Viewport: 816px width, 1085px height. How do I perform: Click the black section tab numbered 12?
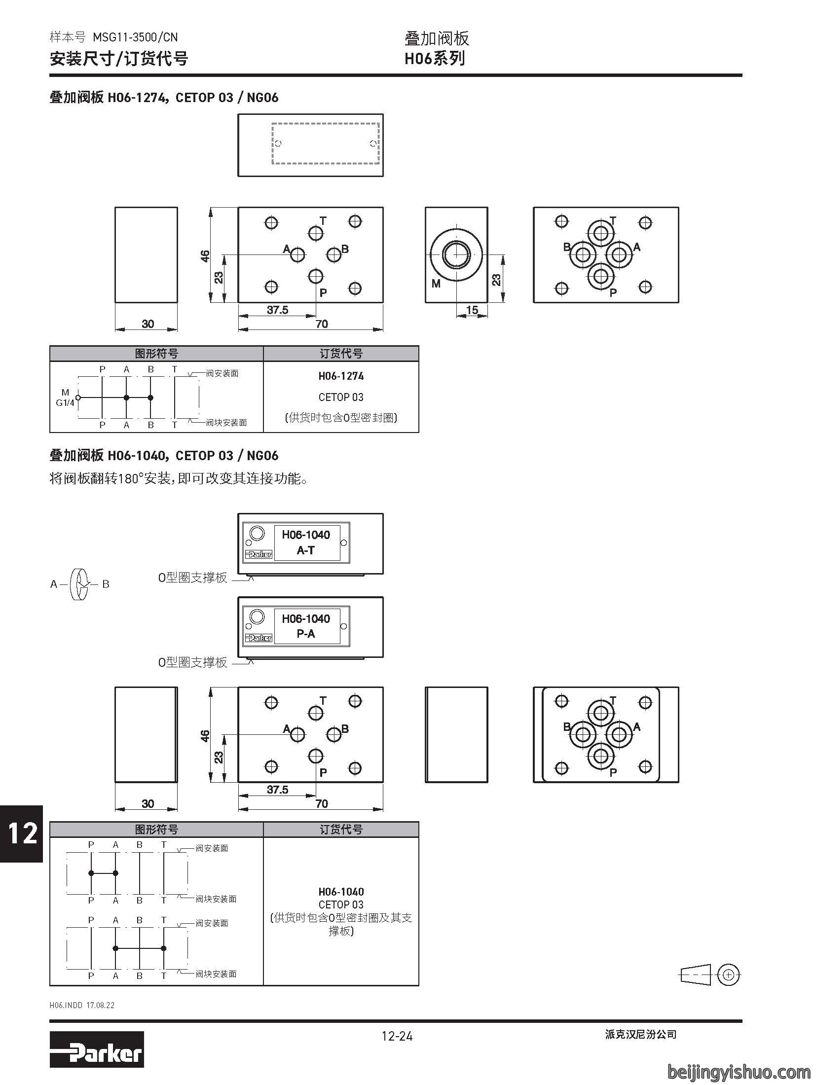[x=21, y=833]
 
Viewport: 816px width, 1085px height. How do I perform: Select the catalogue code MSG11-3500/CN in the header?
[x=135, y=37]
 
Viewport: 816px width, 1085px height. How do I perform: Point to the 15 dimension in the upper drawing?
[x=472, y=310]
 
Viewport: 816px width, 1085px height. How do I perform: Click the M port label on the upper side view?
[x=436, y=284]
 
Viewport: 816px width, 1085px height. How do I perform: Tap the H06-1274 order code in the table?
[x=341, y=376]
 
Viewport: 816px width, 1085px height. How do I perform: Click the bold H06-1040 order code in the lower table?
[x=341, y=892]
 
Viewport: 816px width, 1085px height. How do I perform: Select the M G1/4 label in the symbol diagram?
[x=65, y=398]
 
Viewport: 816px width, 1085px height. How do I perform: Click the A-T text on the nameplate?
[x=306, y=550]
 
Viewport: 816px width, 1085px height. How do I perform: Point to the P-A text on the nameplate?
[x=306, y=634]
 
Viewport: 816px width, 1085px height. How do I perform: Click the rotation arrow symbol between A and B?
[x=80, y=584]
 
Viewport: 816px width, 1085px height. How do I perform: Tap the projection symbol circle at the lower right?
[x=729, y=975]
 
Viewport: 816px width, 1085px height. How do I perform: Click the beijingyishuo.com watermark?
[x=739, y=1071]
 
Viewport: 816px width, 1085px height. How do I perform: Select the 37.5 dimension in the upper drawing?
[x=277, y=310]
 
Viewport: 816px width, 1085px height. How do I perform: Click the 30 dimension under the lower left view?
[x=148, y=804]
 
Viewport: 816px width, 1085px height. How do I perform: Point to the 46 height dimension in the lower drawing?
[x=205, y=735]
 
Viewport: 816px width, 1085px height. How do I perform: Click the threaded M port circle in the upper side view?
[x=456, y=254]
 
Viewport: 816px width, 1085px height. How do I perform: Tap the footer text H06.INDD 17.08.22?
[x=82, y=1005]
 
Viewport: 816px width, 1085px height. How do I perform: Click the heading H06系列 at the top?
[x=435, y=59]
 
